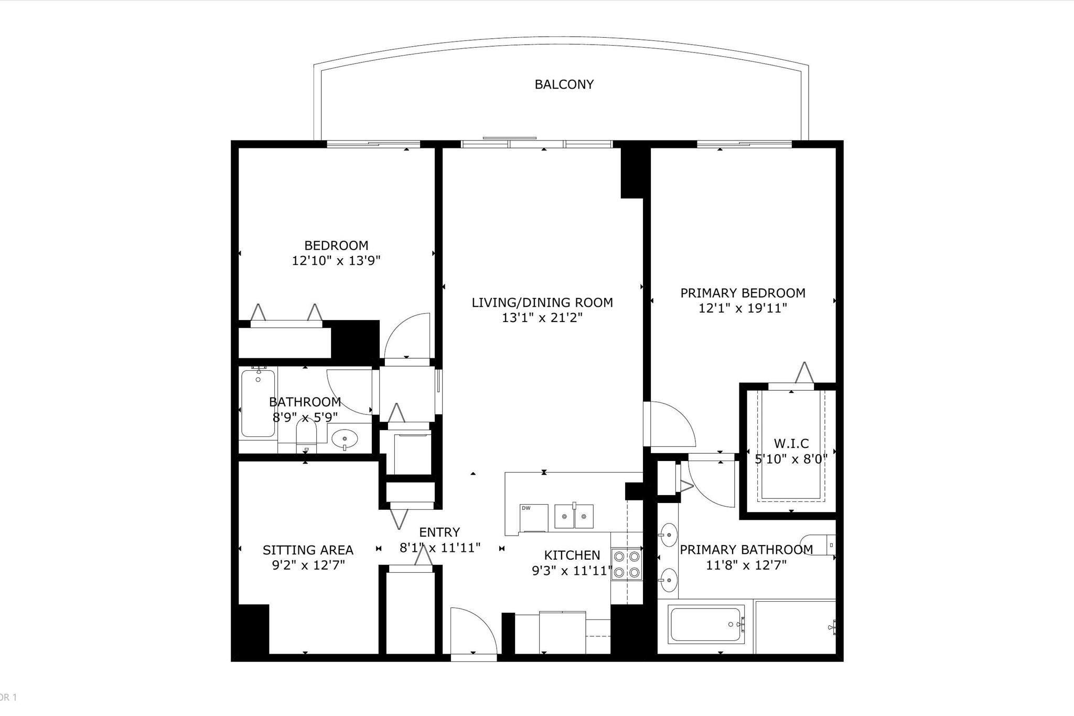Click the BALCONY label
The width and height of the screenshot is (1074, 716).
pyautogui.click(x=564, y=84)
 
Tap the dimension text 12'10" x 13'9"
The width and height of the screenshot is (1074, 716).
pyautogui.click(x=336, y=261)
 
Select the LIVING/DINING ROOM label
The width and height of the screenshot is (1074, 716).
pyautogui.click(x=542, y=303)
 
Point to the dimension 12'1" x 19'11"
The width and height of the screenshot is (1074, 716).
pyautogui.click(x=743, y=308)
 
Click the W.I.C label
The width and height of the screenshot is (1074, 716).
pyautogui.click(x=791, y=444)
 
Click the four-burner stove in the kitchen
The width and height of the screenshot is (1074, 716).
pyautogui.click(x=627, y=564)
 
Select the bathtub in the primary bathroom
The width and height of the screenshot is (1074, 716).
pyautogui.click(x=706, y=624)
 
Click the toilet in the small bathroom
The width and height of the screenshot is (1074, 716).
pyautogui.click(x=307, y=435)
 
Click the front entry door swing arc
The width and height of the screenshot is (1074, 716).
pyautogui.click(x=472, y=629)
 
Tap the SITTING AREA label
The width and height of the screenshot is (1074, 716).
pyautogui.click(x=308, y=550)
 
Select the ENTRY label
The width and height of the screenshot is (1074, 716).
pyautogui.click(x=439, y=532)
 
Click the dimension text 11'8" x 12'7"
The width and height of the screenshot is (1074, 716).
pyautogui.click(x=746, y=565)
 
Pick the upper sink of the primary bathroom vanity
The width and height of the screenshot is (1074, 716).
pyautogui.click(x=668, y=536)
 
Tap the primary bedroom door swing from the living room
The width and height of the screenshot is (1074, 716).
pyautogui.click(x=671, y=425)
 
